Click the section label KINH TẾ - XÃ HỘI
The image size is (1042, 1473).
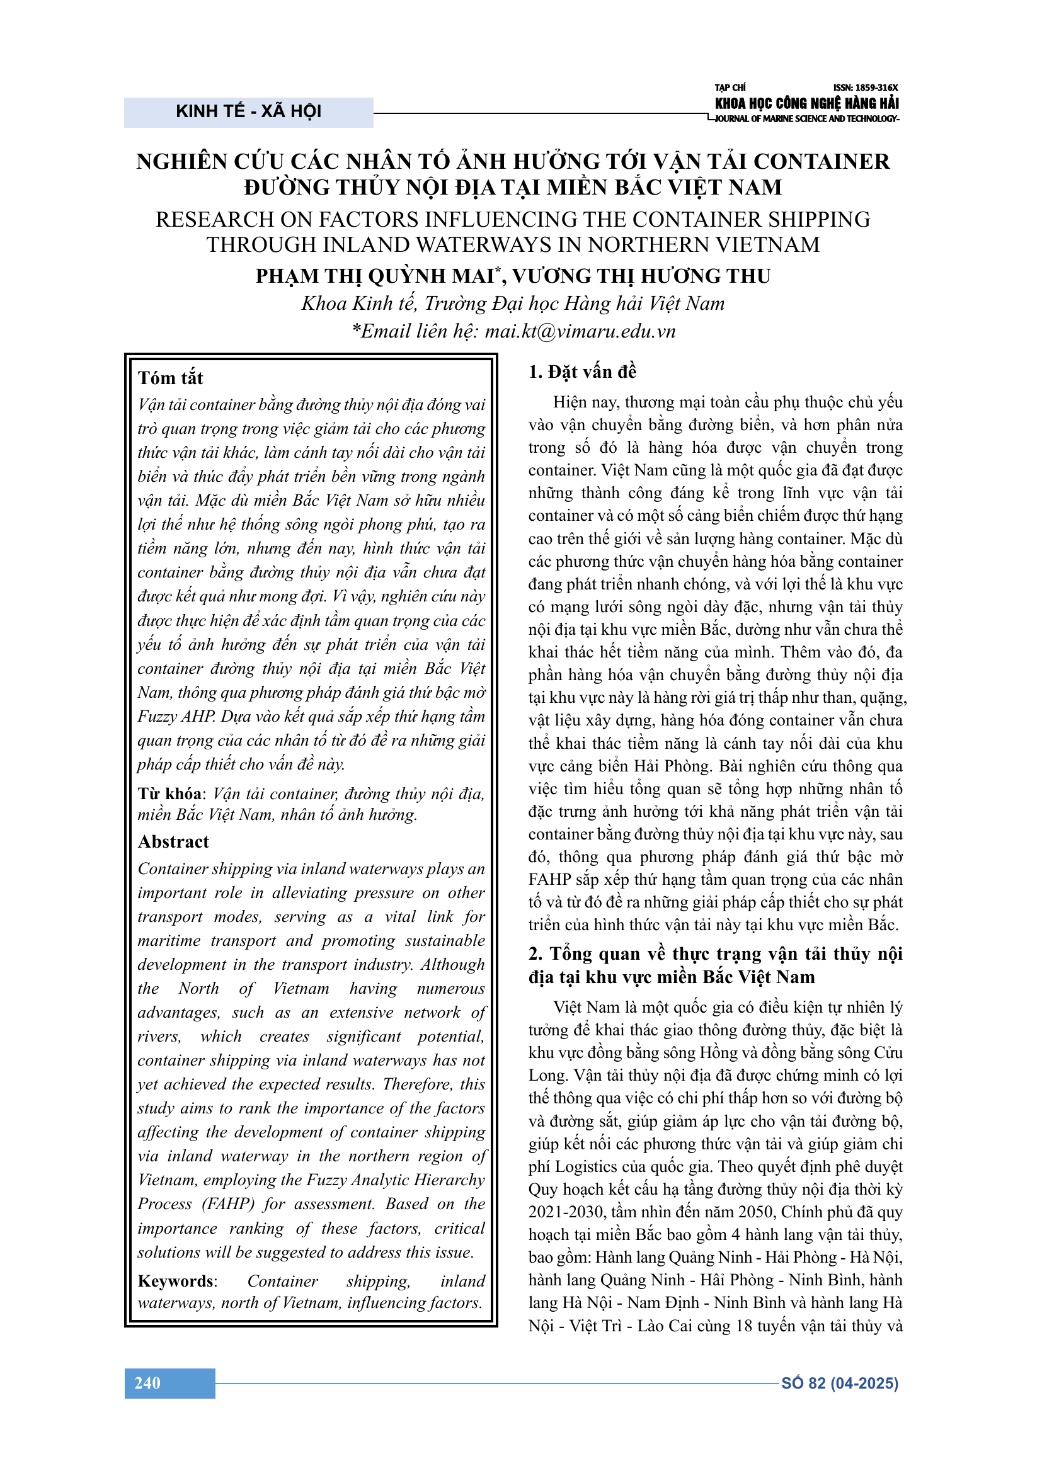[x=248, y=111]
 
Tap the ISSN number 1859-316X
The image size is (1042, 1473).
[x=866, y=88]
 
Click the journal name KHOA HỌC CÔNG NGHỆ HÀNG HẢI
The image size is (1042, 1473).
[x=806, y=103]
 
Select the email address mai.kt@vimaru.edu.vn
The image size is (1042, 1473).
[x=580, y=331]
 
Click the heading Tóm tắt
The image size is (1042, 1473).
[x=170, y=378]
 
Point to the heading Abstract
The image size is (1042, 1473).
[x=173, y=842]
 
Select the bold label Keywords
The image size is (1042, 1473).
[x=176, y=1281]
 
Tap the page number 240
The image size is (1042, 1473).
[x=147, y=1382]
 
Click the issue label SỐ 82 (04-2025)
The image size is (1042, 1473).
[x=839, y=1383]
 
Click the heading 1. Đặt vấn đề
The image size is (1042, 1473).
[x=582, y=372]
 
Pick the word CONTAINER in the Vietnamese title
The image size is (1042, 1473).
[x=822, y=161]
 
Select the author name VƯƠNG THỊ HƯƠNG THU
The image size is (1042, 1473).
[x=641, y=276]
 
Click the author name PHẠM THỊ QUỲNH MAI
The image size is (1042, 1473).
[x=375, y=276]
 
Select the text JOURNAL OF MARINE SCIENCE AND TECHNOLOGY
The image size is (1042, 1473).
[x=806, y=118]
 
